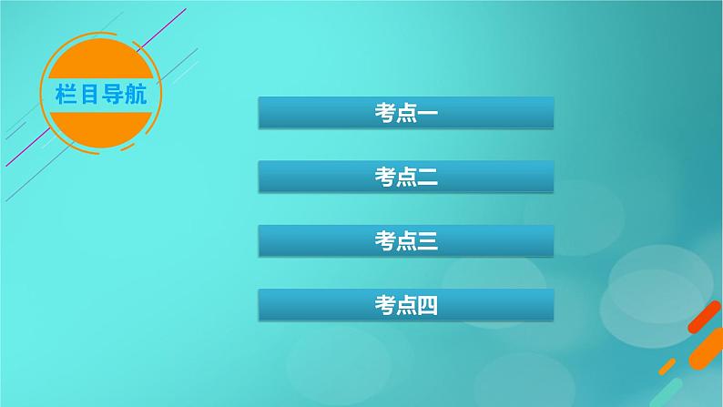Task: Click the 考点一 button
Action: [406, 113]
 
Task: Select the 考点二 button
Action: [406, 177]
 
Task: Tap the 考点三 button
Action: [406, 240]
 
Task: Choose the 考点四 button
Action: [406, 305]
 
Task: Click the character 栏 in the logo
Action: [66, 95]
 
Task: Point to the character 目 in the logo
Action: [88, 95]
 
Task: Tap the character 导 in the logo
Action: [112, 95]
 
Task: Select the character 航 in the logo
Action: [136, 95]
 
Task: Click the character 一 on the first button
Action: [427, 113]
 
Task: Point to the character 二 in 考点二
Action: [427, 177]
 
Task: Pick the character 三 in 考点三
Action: [427, 241]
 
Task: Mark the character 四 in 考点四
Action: [427, 305]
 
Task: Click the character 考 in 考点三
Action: [385, 241]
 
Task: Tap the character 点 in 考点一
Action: [406, 113]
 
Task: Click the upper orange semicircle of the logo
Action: [100, 58]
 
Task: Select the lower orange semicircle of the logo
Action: [100, 129]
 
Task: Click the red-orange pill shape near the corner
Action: [704, 317]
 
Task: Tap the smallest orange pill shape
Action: [667, 366]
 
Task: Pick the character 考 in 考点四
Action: [385, 305]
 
